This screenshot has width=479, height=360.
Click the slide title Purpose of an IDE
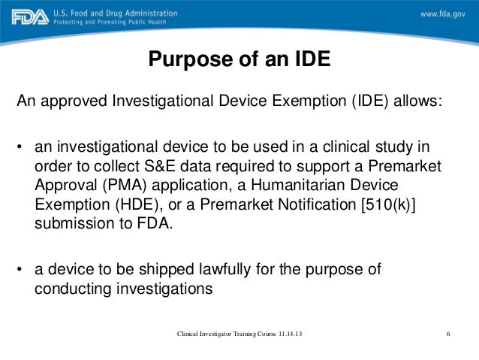(x=239, y=59)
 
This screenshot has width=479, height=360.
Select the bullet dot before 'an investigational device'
(x=22, y=145)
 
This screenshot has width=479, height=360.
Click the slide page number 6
(x=447, y=333)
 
